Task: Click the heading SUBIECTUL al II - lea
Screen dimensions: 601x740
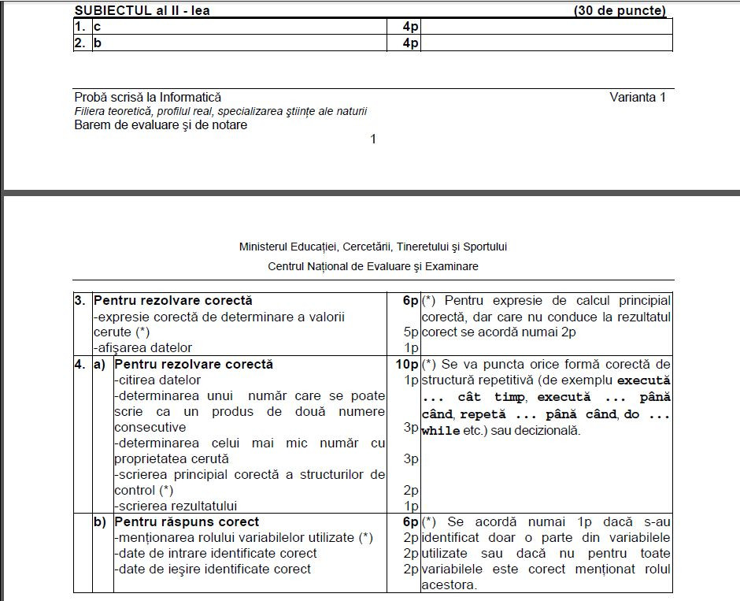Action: click(x=142, y=10)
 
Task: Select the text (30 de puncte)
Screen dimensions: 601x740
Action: click(x=620, y=10)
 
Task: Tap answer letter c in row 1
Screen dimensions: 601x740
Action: click(x=97, y=27)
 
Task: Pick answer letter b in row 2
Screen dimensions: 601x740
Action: click(x=98, y=43)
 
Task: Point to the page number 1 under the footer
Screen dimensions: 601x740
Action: click(x=373, y=139)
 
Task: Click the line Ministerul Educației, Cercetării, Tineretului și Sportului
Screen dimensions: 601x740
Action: click(x=373, y=247)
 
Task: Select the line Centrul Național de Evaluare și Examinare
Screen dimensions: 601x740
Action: click(x=373, y=266)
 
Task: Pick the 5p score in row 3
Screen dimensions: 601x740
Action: click(x=410, y=332)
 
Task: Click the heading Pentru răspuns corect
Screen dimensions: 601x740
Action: click(x=187, y=521)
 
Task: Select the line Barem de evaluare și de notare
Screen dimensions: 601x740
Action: click(x=161, y=124)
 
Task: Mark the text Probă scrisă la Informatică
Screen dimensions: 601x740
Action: click(x=148, y=98)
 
